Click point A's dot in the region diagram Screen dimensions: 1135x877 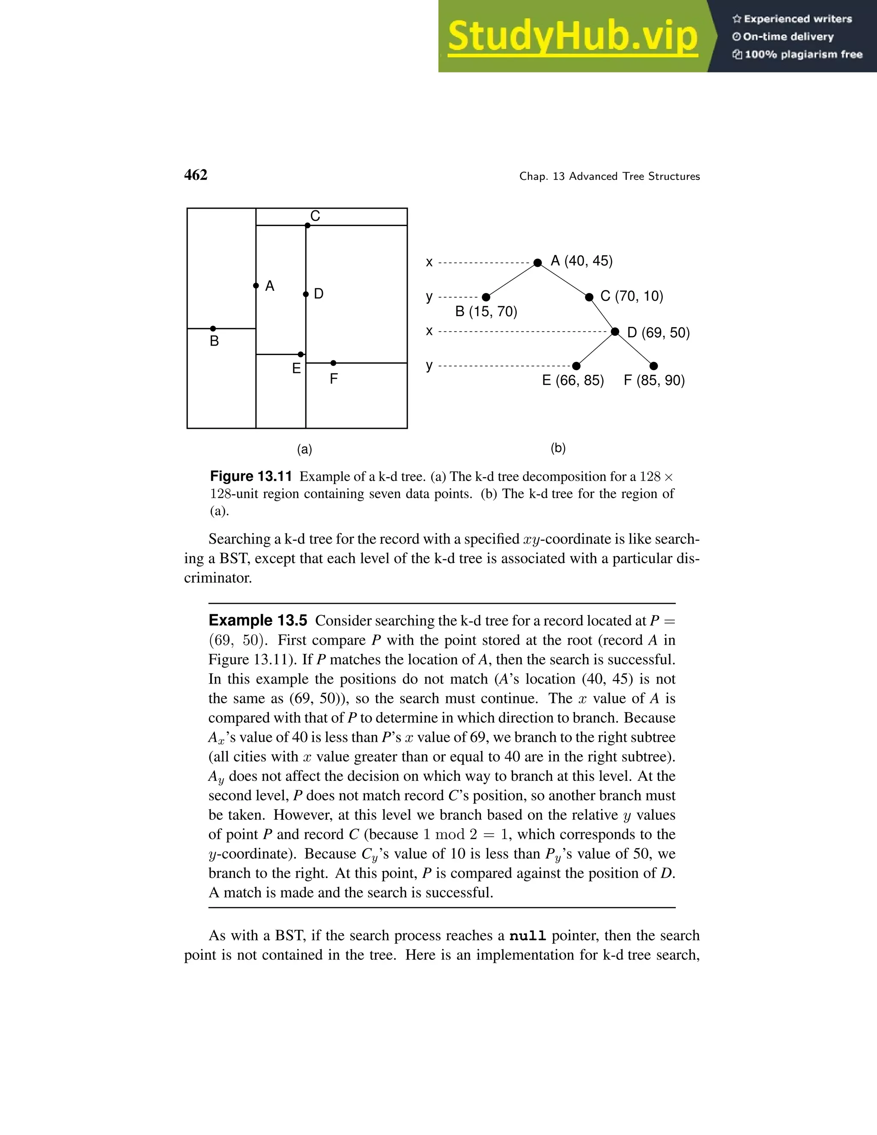coord(256,286)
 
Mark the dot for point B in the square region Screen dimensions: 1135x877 coord(213,329)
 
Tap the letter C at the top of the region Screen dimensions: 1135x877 coord(315,216)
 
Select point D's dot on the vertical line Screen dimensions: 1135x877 coord(305,295)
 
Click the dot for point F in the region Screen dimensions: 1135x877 coord(334,363)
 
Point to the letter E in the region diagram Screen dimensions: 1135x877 coord(296,368)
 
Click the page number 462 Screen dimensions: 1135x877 coord(196,175)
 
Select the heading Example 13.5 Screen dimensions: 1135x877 coord(258,621)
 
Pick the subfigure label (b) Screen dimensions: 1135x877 coord(558,448)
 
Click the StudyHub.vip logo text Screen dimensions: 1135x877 coord(573,36)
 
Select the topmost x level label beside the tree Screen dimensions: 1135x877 coord(429,263)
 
